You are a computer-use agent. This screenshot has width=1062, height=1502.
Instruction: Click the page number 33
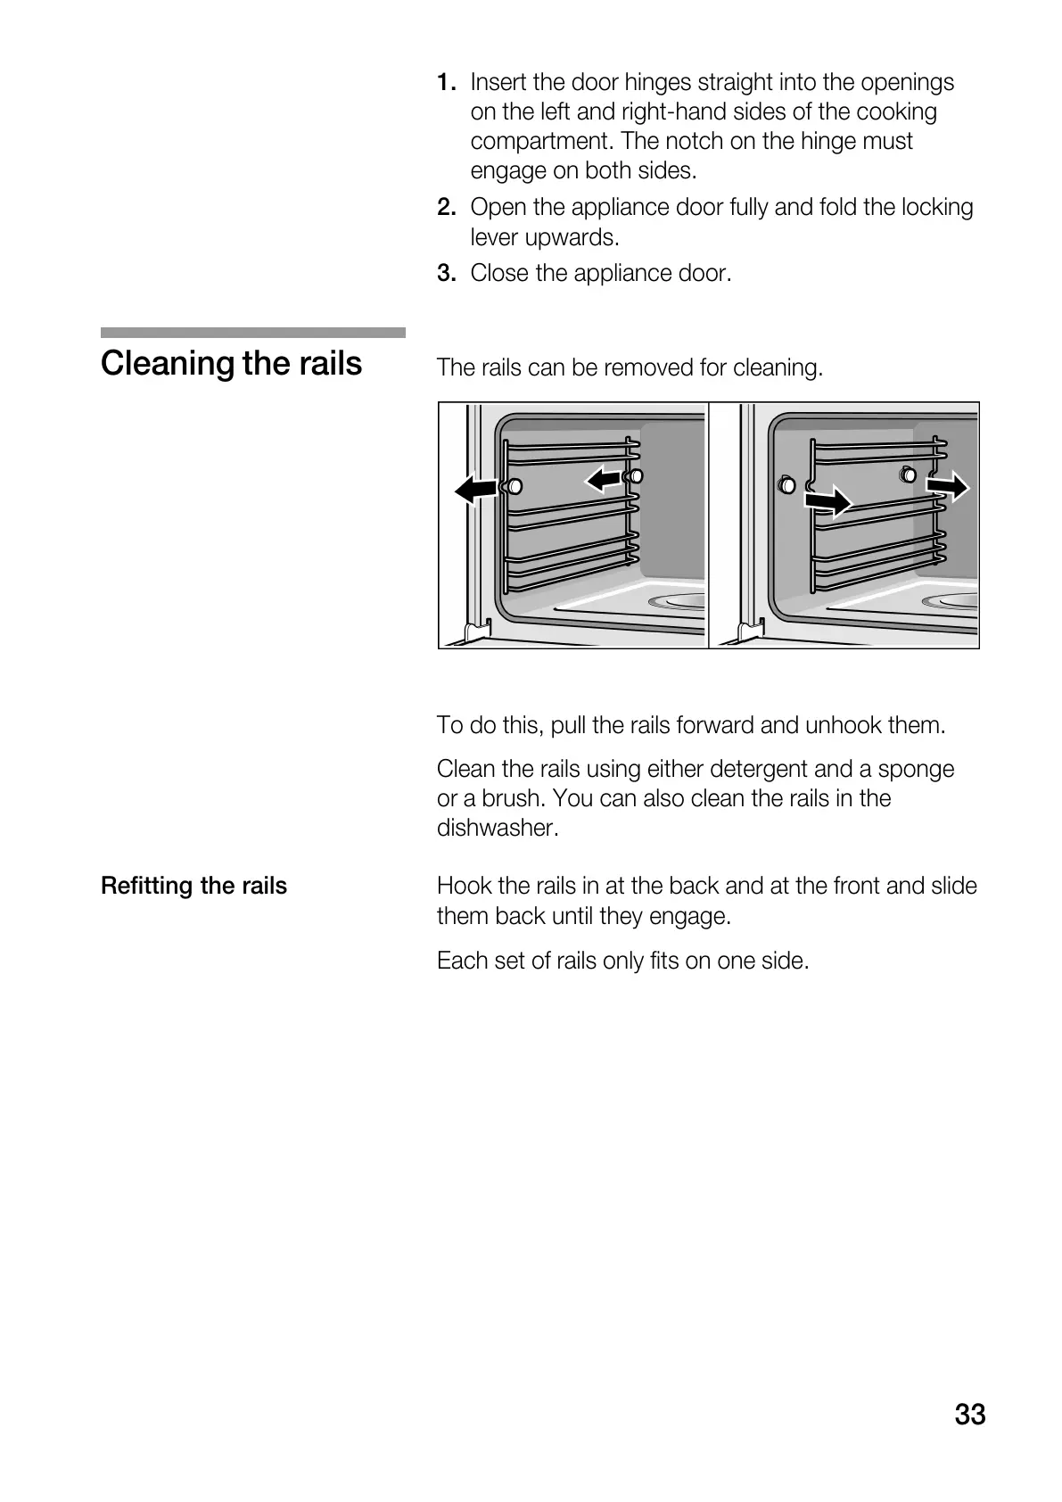969,1415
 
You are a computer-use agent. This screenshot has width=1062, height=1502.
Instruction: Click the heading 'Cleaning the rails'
232,364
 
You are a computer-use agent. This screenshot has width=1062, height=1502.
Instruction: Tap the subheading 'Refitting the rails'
193,886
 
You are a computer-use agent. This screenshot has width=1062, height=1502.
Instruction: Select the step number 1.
447,83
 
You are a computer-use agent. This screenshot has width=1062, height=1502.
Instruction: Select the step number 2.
447,208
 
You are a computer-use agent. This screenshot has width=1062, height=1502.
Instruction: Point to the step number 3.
447,273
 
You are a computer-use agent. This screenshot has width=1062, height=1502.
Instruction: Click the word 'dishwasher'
496,828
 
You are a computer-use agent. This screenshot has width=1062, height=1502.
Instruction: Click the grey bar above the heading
252,333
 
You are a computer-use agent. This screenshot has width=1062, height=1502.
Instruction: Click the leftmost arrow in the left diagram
474,488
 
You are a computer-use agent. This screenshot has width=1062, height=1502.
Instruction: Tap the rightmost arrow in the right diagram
947,486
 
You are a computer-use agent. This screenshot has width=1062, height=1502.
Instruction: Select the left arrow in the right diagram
827,502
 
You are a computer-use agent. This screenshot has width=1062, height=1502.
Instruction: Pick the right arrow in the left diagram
604,481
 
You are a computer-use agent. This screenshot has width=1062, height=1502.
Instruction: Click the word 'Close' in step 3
499,273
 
